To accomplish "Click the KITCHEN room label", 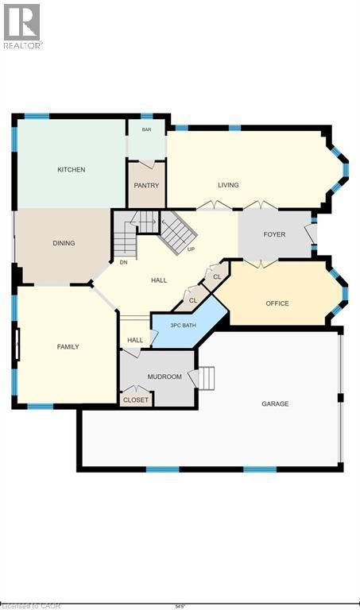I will click(x=71, y=170).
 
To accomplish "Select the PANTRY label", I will click(x=146, y=186).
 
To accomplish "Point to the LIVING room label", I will click(x=228, y=185).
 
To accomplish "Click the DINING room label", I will click(x=64, y=243).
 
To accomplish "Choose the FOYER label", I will click(x=273, y=235).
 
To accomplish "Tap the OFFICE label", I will click(x=277, y=303).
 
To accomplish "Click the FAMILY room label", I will click(x=68, y=347).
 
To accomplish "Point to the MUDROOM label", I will click(x=165, y=376).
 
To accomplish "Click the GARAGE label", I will click(x=275, y=403).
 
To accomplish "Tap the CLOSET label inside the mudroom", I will click(x=136, y=400).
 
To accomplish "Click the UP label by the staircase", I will click(x=191, y=249).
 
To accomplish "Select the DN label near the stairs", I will click(x=123, y=262).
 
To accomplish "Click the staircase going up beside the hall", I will click(x=178, y=230).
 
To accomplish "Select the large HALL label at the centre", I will click(x=159, y=280).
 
